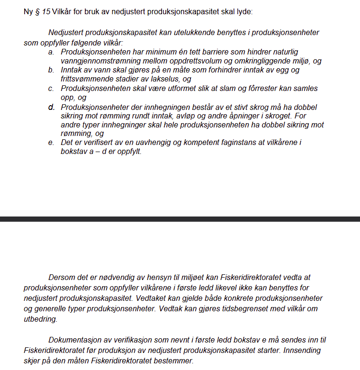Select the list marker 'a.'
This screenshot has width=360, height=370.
click(x=51, y=52)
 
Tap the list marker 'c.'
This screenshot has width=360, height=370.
click(x=51, y=89)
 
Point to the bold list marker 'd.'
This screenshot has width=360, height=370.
click(x=51, y=107)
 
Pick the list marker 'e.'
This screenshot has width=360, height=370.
click(x=51, y=143)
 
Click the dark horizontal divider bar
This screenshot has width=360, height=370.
click(x=180, y=219)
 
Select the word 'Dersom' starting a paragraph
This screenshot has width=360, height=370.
click(x=60, y=278)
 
